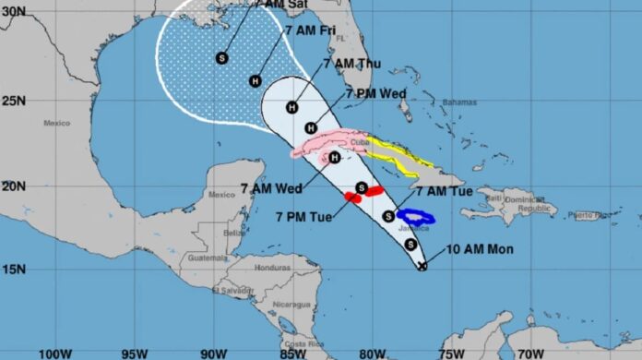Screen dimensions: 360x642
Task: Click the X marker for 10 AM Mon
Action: (422, 266)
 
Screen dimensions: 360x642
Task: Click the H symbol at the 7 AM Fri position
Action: (256, 80)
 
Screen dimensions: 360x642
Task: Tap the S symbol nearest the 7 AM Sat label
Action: (221, 57)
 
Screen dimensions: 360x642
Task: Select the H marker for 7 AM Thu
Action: (292, 106)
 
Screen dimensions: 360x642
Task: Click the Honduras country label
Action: (273, 268)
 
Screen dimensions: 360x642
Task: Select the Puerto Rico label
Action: (588, 215)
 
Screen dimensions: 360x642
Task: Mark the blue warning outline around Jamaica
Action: (415, 218)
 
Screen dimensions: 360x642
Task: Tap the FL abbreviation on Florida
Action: (339, 38)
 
